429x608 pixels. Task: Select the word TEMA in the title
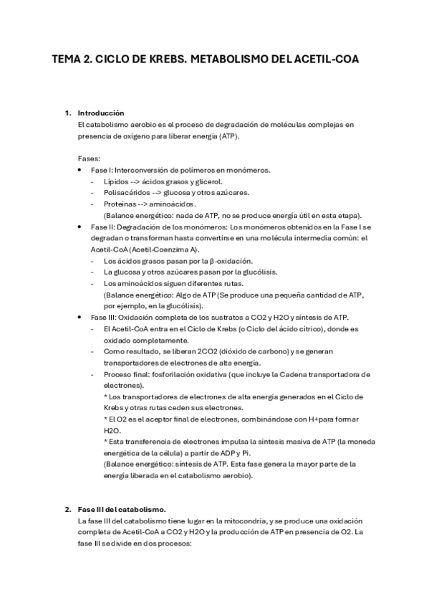tap(69, 61)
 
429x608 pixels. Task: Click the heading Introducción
tap(101, 113)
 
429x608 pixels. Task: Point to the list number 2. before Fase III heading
tap(68, 508)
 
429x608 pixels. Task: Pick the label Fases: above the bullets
tap(90, 158)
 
